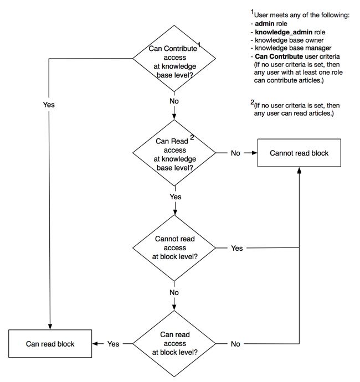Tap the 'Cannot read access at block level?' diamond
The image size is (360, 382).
(174, 247)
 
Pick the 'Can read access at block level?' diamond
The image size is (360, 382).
(174, 343)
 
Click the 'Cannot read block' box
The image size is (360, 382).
(299, 153)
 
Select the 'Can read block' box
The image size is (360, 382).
(50, 344)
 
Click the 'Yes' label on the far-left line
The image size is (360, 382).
(49, 105)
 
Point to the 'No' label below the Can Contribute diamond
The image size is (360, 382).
(174, 101)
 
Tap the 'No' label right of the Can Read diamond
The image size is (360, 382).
(235, 153)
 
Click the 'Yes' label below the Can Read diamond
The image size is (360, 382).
(175, 197)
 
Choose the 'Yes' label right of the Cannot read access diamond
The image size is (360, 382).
(236, 248)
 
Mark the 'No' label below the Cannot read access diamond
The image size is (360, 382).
(174, 292)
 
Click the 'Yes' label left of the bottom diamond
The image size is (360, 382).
(113, 344)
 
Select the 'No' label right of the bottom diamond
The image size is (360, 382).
(235, 344)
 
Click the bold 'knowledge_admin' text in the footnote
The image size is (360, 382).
(280, 32)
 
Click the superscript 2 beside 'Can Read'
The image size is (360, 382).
(192, 137)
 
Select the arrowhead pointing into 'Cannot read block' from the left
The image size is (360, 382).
(254, 153)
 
